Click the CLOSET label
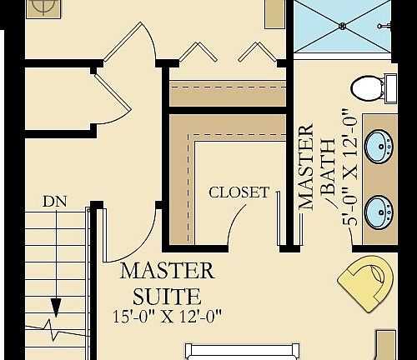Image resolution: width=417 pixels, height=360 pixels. [x=239, y=192]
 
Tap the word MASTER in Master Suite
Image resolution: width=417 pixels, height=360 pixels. [x=168, y=271]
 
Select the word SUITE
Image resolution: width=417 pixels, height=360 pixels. [x=167, y=297]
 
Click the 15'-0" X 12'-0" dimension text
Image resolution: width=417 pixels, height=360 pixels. [x=168, y=317]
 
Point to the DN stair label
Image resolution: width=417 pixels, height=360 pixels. [x=55, y=202]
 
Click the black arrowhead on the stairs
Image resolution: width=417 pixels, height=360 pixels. [x=57, y=307]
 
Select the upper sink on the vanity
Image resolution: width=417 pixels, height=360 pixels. [x=379, y=146]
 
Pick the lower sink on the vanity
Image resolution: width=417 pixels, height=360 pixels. [x=379, y=212]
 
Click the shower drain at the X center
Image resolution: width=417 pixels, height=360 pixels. [x=342, y=26]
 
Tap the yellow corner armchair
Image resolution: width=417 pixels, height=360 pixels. [x=365, y=283]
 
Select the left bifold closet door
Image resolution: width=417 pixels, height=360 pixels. [x=198, y=52]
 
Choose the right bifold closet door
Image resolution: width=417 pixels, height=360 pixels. [x=258, y=52]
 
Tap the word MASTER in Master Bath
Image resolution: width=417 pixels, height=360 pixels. [x=306, y=167]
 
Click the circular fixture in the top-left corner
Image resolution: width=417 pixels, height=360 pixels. [x=43, y=7]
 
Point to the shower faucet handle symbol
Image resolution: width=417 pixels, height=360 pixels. [x=384, y=26]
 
